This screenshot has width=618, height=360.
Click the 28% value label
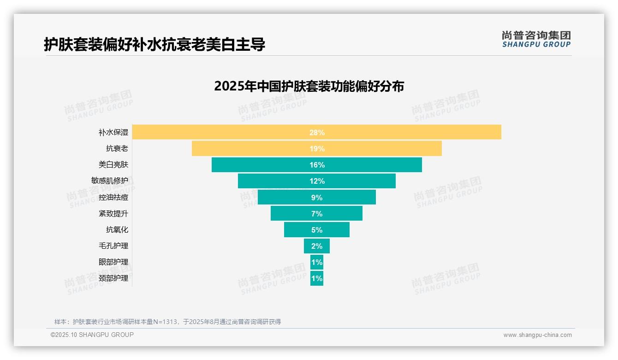[x=317, y=132]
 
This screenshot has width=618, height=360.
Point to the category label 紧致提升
[x=113, y=214]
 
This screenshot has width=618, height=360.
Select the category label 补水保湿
[x=113, y=132]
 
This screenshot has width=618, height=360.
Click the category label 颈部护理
[x=113, y=278]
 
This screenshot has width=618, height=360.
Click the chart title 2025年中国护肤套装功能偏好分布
[x=309, y=86]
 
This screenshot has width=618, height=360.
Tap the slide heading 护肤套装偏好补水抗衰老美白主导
[x=154, y=44]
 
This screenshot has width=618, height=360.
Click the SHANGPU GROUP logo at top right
[x=536, y=39]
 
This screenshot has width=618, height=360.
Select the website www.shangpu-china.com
[x=537, y=335]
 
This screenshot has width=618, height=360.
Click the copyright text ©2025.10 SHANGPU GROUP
[x=92, y=335]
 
